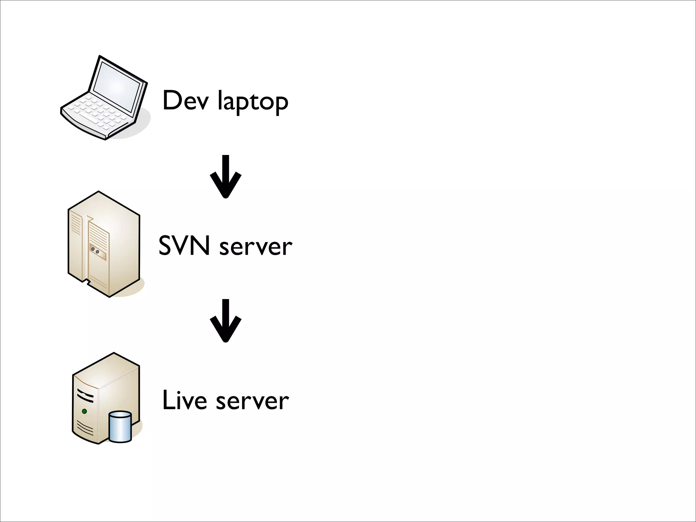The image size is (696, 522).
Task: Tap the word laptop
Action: tap(253, 102)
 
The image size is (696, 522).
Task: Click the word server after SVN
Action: tap(256, 247)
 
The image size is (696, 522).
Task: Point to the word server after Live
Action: tap(252, 401)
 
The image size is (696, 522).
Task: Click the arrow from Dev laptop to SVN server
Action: tap(225, 176)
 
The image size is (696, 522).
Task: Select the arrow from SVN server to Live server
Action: tap(225, 320)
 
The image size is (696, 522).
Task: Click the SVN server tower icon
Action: tap(104, 244)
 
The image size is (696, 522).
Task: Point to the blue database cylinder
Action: tap(120, 427)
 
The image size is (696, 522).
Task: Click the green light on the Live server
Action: tap(84, 411)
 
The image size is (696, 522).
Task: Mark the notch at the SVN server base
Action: tap(87, 282)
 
